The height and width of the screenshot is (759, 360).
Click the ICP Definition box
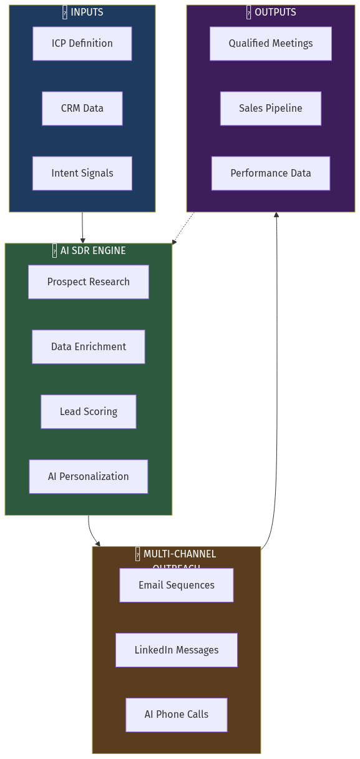tap(82, 44)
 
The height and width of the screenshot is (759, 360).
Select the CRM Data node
tap(82, 109)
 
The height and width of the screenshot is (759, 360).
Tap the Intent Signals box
tap(82, 174)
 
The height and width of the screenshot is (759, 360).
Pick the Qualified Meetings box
tap(270, 44)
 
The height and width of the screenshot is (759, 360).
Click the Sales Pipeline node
tap(270, 109)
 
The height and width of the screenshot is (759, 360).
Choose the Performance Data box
tap(270, 174)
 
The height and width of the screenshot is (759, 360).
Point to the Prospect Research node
tap(88, 282)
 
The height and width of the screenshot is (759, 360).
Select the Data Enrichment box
tap(88, 347)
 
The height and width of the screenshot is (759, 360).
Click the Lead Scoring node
tap(88, 412)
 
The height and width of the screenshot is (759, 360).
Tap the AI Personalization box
tap(88, 477)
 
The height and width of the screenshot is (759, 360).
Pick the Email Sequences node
tap(176, 585)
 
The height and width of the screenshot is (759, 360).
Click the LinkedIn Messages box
tap(176, 650)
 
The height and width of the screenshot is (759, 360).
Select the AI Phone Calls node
tap(176, 715)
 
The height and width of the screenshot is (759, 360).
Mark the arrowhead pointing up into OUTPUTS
tap(276, 215)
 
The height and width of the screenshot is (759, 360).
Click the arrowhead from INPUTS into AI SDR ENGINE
tap(82, 240)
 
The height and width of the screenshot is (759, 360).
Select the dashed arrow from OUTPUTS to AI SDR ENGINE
tap(182, 228)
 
